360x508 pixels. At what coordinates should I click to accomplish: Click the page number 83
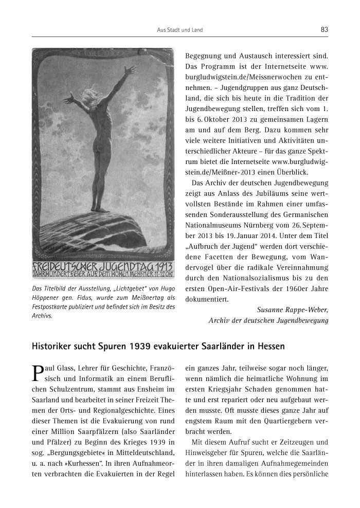click(x=324, y=30)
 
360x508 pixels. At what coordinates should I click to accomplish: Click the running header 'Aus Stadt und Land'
click(x=179, y=30)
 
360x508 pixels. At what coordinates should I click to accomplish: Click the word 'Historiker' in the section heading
click(x=54, y=346)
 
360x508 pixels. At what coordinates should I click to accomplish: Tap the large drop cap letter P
click(x=37, y=372)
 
